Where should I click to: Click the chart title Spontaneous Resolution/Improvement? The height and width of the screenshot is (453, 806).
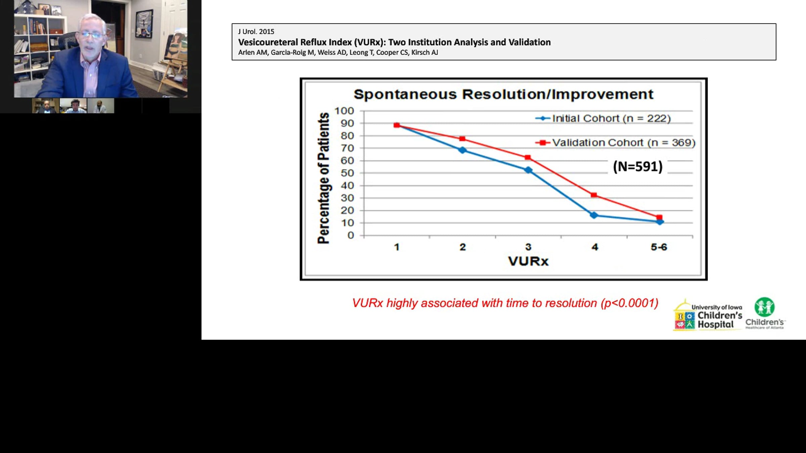503,94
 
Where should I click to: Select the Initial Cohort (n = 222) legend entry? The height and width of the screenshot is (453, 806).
603,118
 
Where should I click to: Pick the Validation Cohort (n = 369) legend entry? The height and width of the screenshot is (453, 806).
615,143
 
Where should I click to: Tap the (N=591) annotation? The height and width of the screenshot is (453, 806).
638,166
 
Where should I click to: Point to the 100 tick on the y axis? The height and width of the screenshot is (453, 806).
344,111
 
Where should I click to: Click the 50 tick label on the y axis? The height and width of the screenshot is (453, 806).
347,173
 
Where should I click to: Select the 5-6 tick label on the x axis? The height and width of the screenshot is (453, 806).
659,247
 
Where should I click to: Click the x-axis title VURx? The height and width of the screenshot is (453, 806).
528,261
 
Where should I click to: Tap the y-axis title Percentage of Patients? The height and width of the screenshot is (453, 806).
324,178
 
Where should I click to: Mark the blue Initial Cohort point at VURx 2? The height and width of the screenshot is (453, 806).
462,150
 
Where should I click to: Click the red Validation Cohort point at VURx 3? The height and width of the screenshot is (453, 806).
528,157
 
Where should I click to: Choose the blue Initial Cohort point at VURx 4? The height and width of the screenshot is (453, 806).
594,215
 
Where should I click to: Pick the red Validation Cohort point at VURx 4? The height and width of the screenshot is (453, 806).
594,195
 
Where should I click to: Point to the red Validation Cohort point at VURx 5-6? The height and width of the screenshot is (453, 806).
659,217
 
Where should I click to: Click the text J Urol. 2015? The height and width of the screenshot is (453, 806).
256,32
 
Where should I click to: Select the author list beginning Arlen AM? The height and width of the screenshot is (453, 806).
338,52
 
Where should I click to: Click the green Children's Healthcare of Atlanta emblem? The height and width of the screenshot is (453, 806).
765,307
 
